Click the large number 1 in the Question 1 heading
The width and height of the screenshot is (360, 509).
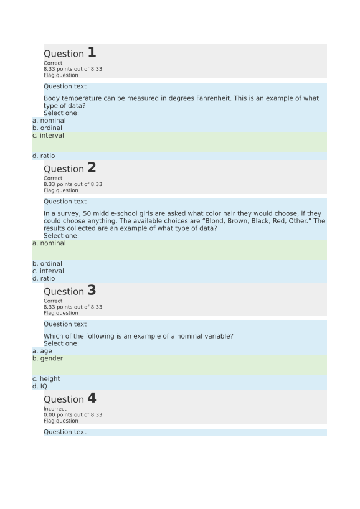point(92,53)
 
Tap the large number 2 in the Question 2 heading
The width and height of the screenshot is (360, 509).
point(92,168)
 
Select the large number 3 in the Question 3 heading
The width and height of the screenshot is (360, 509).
point(92,291)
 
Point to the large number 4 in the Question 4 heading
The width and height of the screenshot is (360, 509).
point(92,398)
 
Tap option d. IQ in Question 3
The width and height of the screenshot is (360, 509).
point(40,386)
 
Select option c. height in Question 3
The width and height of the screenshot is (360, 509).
point(47,379)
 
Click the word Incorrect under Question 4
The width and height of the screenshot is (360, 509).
point(55,409)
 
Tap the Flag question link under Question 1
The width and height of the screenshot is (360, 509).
point(61,75)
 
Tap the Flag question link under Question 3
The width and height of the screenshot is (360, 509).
point(61,313)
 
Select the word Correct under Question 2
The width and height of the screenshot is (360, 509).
point(53,179)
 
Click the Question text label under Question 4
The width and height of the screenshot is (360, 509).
point(65,432)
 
